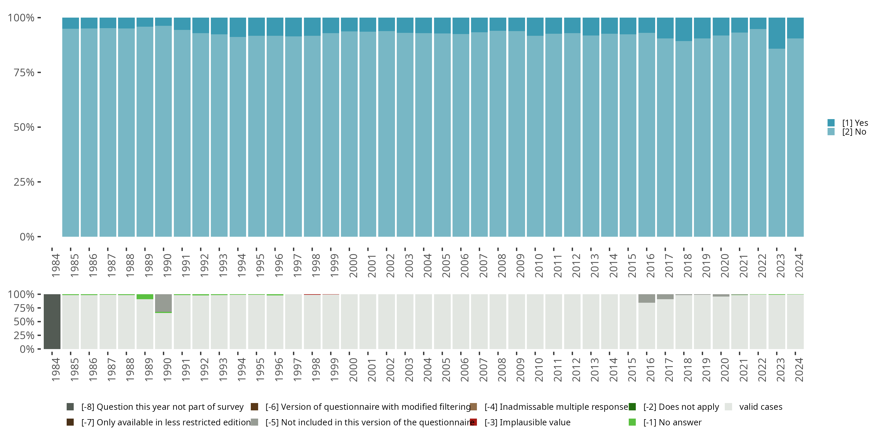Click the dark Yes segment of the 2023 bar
(776, 33)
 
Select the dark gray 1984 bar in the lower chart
(52, 321)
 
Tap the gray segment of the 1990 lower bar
(163, 303)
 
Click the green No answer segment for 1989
(145, 297)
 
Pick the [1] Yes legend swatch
(831, 123)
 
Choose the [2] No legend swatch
(831, 131)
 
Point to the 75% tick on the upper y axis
(24, 72)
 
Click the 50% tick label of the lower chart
(24, 321)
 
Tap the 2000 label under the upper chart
(353, 265)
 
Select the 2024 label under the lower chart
(799, 370)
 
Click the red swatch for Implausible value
(473, 422)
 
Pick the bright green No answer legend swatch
(632, 422)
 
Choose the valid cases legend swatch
(729, 407)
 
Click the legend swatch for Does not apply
(632, 407)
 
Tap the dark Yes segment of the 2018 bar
(684, 29)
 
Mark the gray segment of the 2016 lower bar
(646, 298)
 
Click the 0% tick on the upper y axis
(27, 236)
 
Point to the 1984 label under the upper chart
(56, 265)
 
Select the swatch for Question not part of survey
(70, 407)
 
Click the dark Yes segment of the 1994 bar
(238, 27)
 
